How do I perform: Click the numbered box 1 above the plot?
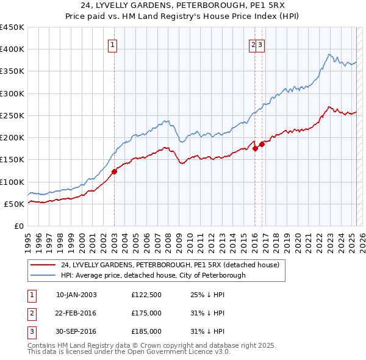(114, 44)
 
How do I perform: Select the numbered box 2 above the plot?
(253, 44)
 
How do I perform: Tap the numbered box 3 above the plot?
(260, 44)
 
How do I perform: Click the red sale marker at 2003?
(114, 172)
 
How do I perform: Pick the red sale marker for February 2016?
(255, 148)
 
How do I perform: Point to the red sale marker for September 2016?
(262, 144)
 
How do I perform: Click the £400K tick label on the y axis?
(12, 49)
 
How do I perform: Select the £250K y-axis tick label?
(12, 115)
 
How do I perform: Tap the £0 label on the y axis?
(18, 226)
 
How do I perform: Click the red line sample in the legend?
(43, 265)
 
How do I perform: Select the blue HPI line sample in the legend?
(43, 275)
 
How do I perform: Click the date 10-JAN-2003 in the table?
(76, 295)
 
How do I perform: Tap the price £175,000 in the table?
(146, 313)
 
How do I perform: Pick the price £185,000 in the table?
(146, 331)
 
